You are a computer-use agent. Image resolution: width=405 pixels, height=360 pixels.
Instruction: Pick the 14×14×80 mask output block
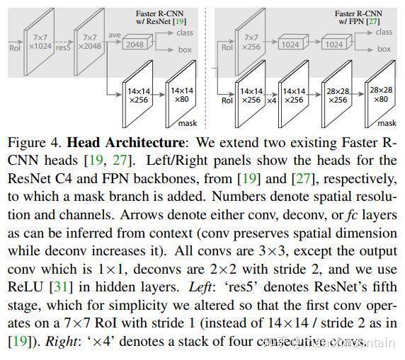182,95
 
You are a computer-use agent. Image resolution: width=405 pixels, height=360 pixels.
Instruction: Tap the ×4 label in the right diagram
270,100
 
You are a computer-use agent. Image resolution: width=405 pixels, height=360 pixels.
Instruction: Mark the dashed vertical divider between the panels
204,64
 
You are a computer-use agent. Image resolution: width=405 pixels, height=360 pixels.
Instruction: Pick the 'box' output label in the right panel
383,51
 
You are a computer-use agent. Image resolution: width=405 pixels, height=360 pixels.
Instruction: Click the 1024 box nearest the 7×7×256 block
290,45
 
